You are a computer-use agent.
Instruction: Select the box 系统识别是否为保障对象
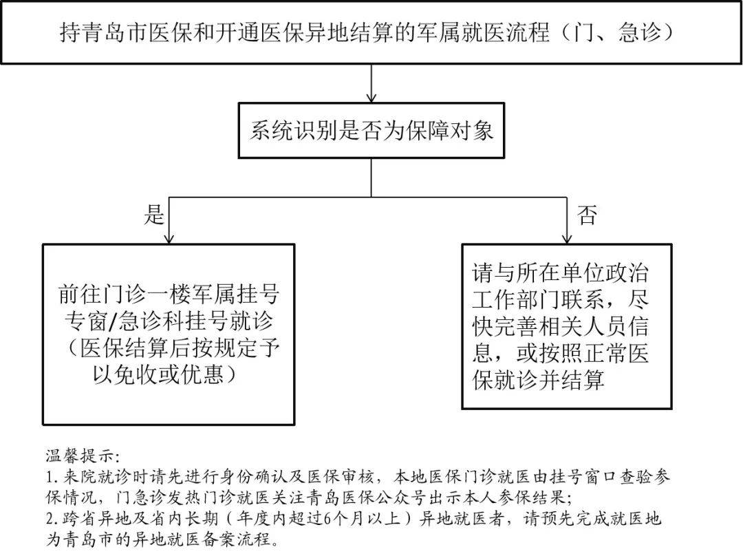pyautogui.click(x=371, y=131)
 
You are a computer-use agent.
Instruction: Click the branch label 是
pyautogui.click(x=154, y=215)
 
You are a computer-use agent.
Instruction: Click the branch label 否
pyautogui.click(x=586, y=216)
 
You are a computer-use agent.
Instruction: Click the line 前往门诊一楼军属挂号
pyautogui.click(x=169, y=295)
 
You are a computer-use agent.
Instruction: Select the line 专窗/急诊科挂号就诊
pyautogui.click(x=169, y=321)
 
